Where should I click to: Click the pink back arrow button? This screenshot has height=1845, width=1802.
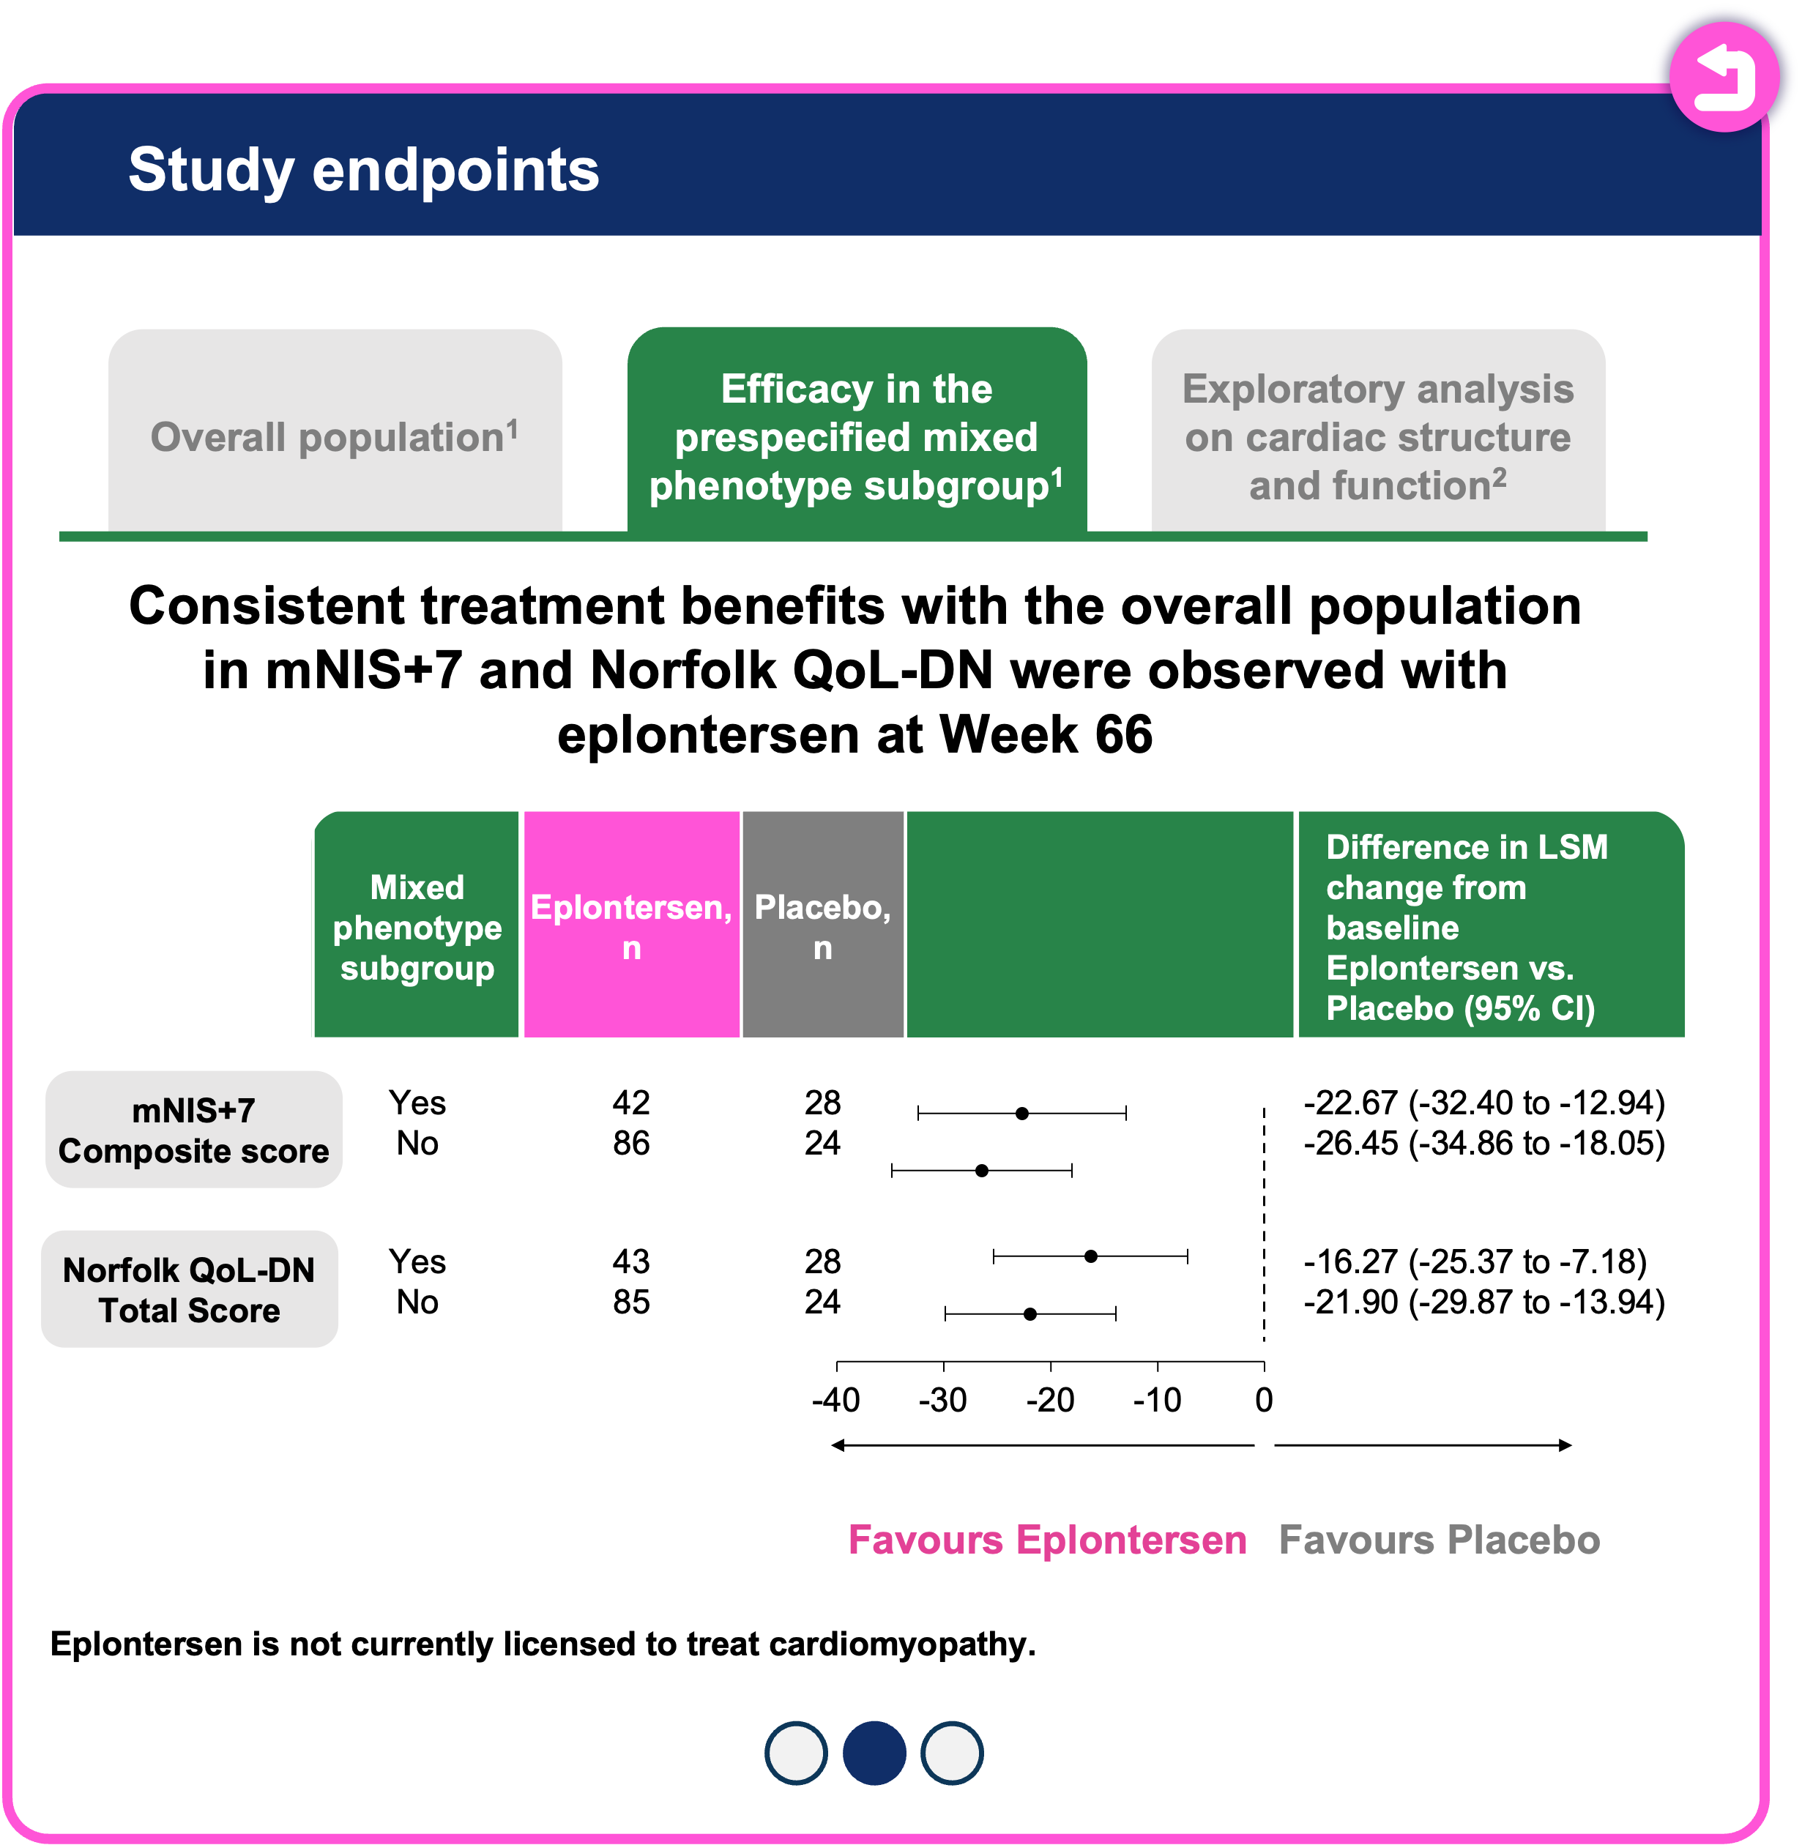click(1724, 78)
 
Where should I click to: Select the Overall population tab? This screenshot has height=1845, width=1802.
click(335, 436)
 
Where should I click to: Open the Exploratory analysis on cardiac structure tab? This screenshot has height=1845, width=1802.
click(1377, 436)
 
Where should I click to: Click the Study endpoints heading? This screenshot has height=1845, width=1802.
click(363, 171)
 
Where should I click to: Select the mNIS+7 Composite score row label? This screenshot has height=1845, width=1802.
click(193, 1130)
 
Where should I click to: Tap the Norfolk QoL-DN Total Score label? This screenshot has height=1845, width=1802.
click(190, 1289)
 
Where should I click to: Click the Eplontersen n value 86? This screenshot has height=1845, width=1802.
click(631, 1143)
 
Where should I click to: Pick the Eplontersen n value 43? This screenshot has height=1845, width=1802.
click(631, 1261)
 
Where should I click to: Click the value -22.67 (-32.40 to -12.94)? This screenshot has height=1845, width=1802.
click(1483, 1103)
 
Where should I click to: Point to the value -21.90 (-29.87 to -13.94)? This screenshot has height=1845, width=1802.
click(1483, 1302)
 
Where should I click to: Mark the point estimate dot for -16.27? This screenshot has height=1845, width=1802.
click(1090, 1256)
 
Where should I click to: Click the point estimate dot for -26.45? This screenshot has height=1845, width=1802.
click(981, 1171)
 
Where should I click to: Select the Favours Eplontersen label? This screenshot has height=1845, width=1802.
click(1047, 1540)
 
